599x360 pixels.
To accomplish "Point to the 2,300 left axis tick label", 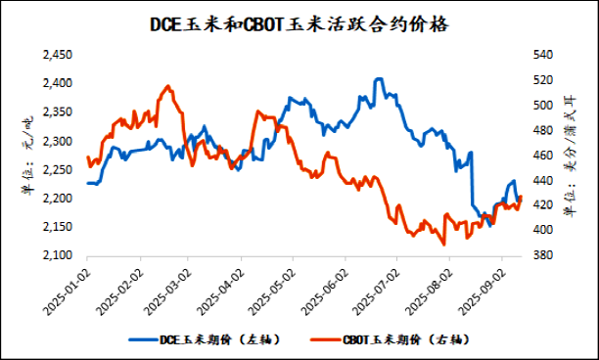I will click(61, 141).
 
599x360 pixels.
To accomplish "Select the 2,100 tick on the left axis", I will click(61, 256).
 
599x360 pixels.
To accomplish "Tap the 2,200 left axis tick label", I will click(61, 199).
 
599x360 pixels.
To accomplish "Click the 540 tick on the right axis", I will click(542, 55).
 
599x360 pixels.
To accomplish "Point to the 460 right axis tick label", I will click(542, 156).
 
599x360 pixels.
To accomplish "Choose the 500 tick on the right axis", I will click(542, 105).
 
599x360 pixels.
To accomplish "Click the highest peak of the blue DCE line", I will click(379, 78).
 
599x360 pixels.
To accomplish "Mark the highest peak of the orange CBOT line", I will click(168, 86).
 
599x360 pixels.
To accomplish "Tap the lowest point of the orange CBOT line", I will click(444, 245).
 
